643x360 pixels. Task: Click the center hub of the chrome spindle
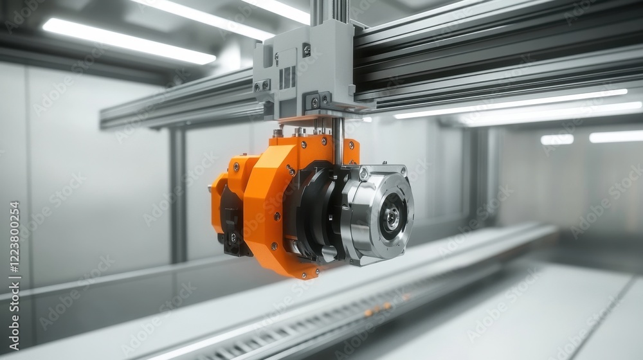(390, 217)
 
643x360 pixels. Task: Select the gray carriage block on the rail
(302, 71)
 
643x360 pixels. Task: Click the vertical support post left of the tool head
(178, 193)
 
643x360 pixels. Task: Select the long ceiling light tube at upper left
(129, 40)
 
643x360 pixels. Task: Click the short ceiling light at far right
(615, 136)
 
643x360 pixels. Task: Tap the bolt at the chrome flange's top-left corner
(364, 173)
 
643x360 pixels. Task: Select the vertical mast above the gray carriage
(330, 11)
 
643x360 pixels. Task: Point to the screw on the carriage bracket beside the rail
(314, 102)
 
